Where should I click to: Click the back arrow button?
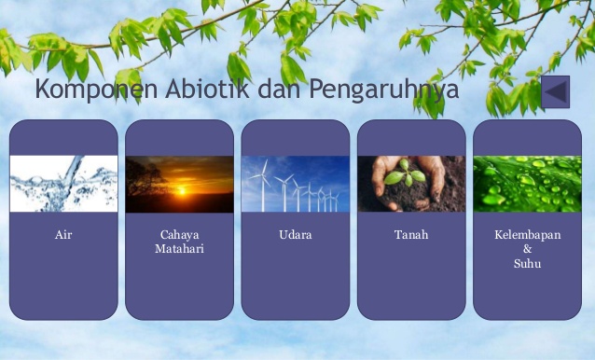click(x=555, y=91)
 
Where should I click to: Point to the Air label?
click(x=63, y=235)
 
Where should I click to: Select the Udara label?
click(x=295, y=235)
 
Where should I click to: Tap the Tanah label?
click(x=411, y=235)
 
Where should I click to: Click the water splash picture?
click(x=63, y=184)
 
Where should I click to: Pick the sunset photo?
click(x=179, y=184)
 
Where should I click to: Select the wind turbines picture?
click(x=295, y=184)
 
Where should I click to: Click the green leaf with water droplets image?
click(x=527, y=184)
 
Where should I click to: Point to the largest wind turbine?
click(x=262, y=182)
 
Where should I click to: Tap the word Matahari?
click(x=179, y=249)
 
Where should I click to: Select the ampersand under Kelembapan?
click(x=527, y=249)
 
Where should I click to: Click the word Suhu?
click(x=527, y=263)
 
